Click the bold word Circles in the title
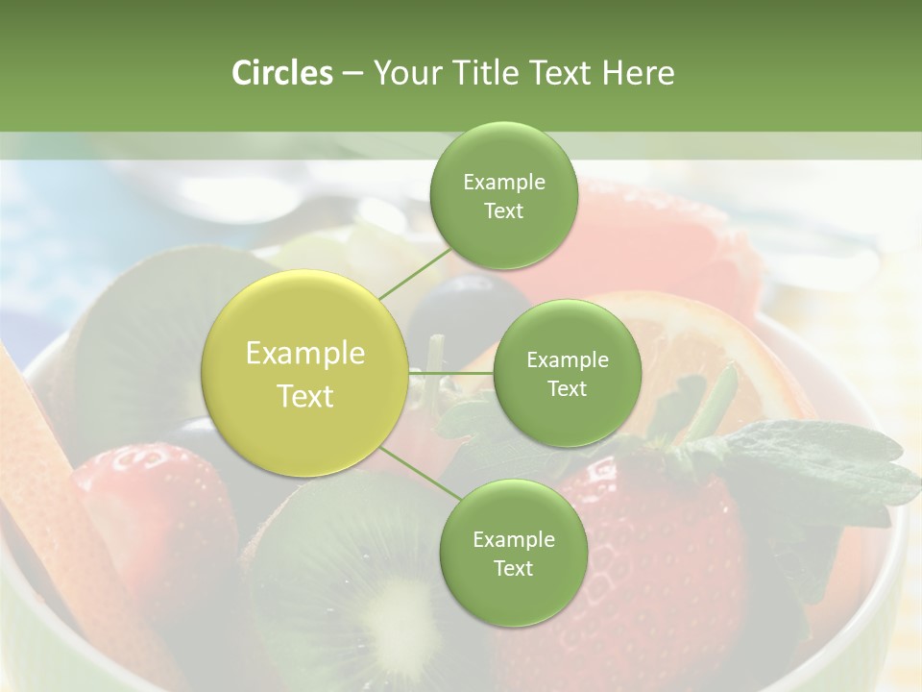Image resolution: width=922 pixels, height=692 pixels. [281, 73]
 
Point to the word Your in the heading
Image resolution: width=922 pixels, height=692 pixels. [404, 73]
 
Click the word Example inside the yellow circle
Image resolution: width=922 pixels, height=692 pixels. [305, 354]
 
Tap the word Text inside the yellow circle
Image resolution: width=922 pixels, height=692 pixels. [305, 396]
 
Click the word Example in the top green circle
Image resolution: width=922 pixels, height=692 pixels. [504, 183]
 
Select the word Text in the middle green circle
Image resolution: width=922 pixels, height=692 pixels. [568, 389]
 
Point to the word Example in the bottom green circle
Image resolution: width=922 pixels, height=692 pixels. [514, 540]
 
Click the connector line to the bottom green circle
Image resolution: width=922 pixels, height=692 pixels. [419, 473]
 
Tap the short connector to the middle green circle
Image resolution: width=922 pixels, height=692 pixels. [451, 373]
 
